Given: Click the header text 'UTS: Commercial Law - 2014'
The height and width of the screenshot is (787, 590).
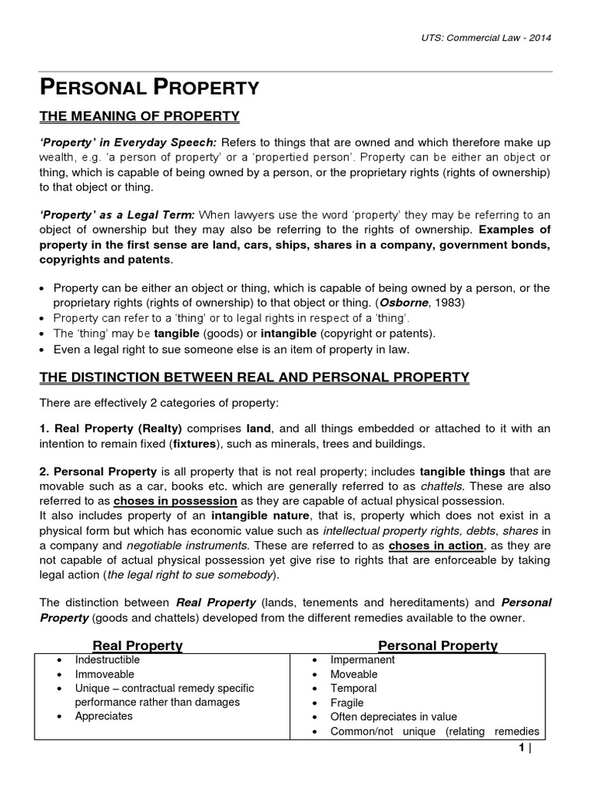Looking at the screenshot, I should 486,38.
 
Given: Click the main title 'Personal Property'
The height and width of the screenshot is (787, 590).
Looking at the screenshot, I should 149,87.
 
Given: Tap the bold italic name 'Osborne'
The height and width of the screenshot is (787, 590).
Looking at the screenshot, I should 417,302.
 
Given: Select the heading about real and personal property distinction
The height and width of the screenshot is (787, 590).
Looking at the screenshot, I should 254,377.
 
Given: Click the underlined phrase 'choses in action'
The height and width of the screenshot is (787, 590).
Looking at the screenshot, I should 436,546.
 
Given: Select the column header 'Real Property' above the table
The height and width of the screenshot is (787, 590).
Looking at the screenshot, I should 138,646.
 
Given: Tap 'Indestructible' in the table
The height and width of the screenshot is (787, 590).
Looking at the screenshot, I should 108,660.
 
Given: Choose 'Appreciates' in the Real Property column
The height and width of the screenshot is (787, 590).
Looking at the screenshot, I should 104,716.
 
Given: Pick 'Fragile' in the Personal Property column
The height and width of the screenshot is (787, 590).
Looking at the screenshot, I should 347,702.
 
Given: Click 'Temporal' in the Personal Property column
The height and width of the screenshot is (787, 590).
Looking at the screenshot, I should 353,689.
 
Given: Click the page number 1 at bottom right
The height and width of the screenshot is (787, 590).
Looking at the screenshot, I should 521,749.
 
